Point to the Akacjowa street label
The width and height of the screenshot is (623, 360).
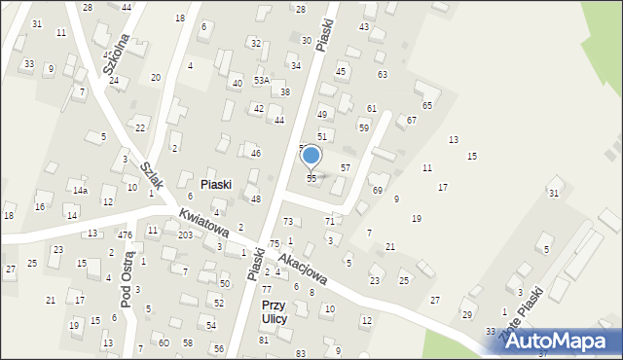(302, 265)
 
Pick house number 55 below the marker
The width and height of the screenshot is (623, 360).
(311, 179)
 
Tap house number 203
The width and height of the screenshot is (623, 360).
(185, 235)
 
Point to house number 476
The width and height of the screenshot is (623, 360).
(126, 234)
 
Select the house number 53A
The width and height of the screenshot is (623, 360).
(261, 81)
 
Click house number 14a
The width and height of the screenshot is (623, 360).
(80, 191)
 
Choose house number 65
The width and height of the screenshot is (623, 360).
(426, 105)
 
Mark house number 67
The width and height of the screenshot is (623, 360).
(412, 120)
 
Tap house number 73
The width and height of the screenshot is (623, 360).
(287, 222)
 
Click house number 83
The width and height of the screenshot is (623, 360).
(300, 352)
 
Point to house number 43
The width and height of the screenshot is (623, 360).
(364, 26)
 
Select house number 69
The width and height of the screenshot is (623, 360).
(377, 191)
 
